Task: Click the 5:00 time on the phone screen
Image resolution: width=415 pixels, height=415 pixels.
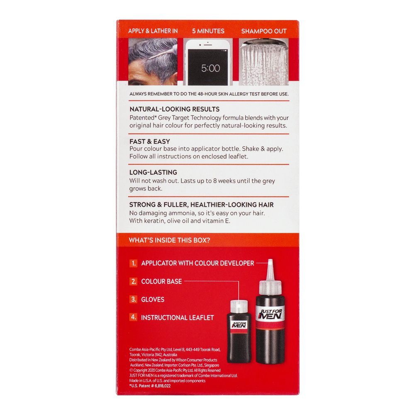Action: [x=210, y=68]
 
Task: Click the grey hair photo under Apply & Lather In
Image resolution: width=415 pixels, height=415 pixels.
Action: [x=153, y=62]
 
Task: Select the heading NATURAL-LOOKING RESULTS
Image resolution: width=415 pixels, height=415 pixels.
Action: [x=174, y=109]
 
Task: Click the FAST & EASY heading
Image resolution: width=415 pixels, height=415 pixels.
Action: [x=149, y=142]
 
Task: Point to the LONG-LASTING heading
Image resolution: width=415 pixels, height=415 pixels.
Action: [x=153, y=172]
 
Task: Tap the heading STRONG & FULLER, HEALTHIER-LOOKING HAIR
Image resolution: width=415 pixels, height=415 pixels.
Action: [x=201, y=205]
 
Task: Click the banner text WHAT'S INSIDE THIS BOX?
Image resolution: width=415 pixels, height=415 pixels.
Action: [x=169, y=240]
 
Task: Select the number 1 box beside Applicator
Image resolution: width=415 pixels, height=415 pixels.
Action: [x=134, y=263]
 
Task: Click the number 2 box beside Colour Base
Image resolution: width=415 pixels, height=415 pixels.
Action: [x=134, y=281]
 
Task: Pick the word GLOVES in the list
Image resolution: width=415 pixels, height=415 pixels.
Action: [x=153, y=299]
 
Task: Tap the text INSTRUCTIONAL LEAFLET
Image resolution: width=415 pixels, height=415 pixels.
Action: [x=177, y=317]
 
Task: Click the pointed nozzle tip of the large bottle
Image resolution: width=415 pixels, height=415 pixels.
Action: [x=269, y=262]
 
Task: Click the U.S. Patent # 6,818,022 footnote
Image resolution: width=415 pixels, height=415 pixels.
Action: [x=150, y=386]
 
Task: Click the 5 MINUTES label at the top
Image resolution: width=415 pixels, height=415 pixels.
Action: [x=208, y=31]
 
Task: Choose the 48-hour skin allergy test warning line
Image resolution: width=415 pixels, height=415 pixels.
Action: [x=209, y=94]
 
